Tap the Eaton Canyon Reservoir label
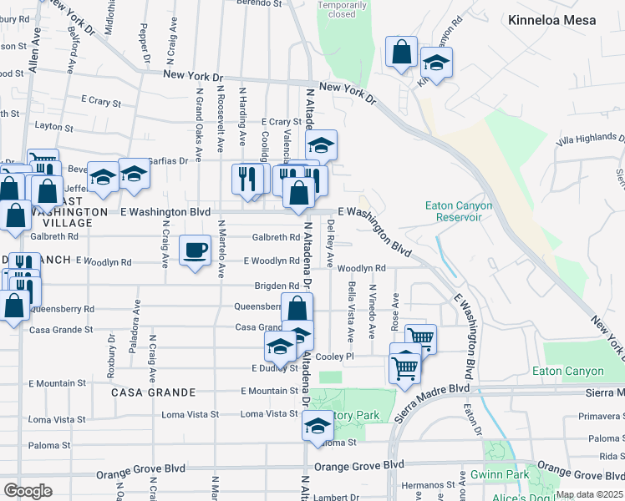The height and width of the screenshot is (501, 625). pos(459,211)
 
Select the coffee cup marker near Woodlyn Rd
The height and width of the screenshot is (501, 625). pos(196,250)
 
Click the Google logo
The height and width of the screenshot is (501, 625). pos(28,491)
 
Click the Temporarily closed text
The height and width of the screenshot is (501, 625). pos(342,9)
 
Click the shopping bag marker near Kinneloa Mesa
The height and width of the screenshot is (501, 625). pos(402,52)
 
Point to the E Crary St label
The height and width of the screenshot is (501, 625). pos(101,102)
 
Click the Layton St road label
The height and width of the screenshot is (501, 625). pos(54,126)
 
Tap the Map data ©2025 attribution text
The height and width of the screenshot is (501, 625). pos(589,494)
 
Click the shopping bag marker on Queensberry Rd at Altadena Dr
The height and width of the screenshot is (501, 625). pos(297,307)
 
